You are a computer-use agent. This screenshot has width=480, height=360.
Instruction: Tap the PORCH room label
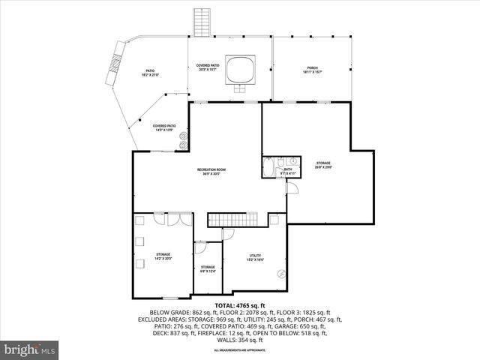click(313, 67)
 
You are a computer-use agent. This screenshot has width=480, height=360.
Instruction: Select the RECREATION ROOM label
click(211, 170)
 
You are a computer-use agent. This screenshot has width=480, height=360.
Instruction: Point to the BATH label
click(287, 169)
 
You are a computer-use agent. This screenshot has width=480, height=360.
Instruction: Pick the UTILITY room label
click(256, 257)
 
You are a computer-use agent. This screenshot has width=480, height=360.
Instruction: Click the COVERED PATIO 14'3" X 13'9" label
click(163, 127)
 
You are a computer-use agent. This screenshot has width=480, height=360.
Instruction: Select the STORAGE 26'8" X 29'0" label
click(323, 165)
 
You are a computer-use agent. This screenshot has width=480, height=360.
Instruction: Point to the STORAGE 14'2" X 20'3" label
click(163, 256)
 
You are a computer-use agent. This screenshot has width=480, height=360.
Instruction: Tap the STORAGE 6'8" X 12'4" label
click(208, 268)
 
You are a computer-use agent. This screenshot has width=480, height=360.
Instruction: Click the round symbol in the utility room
click(281, 273)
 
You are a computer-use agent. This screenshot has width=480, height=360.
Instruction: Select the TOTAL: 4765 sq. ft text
click(240, 306)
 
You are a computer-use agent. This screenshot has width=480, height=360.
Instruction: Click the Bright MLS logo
click(30, 349)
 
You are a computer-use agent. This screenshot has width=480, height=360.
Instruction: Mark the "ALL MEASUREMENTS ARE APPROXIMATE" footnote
click(240, 350)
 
